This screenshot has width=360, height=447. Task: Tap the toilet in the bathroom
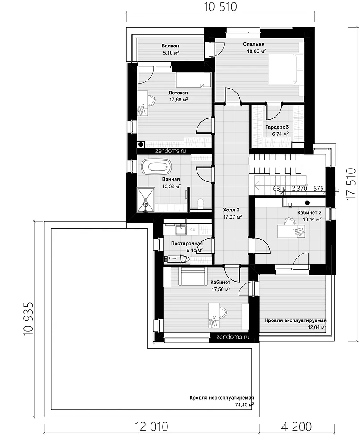pos(201,202)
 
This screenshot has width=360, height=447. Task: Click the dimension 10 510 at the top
pos(221,7)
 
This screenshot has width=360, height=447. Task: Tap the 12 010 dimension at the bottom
pos(151,427)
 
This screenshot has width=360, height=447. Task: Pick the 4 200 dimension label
pos(296,427)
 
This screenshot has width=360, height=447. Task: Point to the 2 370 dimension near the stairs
pos(299,189)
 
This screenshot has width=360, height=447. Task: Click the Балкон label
pos(170,46)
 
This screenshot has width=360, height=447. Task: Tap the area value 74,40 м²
pos(244,405)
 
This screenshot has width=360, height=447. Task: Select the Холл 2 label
pos(231,210)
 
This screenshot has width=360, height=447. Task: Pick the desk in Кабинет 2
pos(291,231)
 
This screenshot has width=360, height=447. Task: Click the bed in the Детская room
pos(193,80)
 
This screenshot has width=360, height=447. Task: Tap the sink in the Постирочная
pos(180,229)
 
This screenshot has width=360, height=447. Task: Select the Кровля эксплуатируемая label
pos(295,320)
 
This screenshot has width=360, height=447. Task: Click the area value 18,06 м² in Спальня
pos(256,51)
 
